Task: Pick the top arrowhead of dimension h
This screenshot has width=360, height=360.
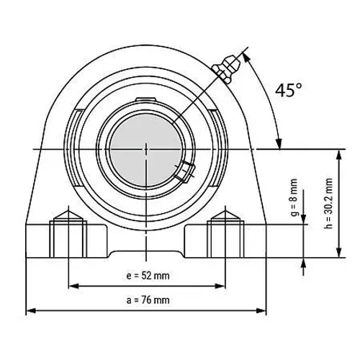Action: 338,153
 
